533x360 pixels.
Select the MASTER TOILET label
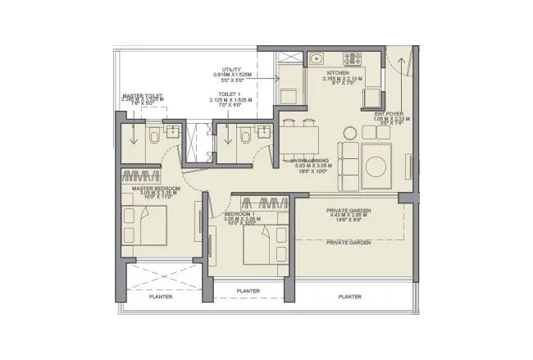click(142, 96)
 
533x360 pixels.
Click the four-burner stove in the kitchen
click(352, 59)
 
